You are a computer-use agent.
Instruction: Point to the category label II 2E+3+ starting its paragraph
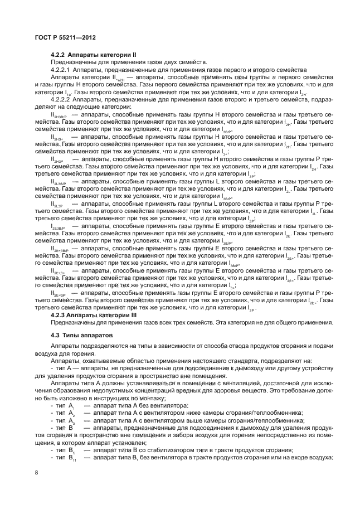click(59, 270)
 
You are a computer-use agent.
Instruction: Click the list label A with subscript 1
click(72, 406)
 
